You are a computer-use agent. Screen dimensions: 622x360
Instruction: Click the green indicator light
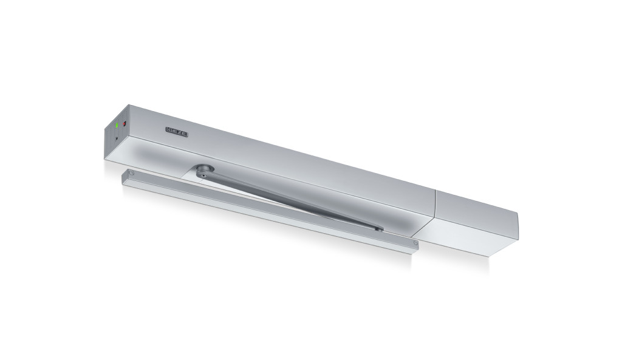tap(117, 125)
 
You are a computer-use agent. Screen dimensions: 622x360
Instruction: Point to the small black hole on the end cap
tap(116, 139)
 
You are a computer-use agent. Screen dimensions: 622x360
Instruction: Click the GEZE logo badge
tap(177, 132)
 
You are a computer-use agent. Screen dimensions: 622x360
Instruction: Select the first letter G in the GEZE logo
tap(169, 130)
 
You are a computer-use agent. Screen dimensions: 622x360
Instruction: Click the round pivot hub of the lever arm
tap(203, 171)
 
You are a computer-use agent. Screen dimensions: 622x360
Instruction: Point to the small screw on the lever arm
tap(203, 174)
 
